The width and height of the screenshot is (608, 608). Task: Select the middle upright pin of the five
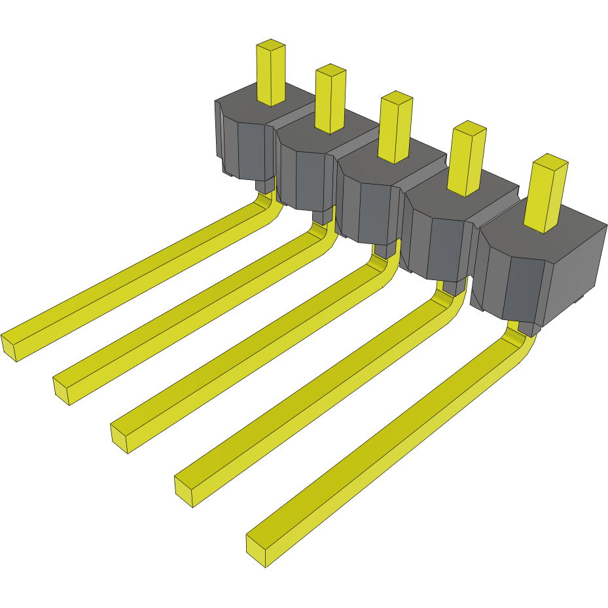(x=395, y=131)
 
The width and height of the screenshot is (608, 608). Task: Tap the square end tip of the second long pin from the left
(x=61, y=389)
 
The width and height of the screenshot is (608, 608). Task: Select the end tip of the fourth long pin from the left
(x=184, y=491)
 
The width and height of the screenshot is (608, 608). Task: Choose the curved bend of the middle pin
(x=383, y=268)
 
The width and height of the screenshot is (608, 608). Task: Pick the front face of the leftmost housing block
(x=249, y=151)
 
